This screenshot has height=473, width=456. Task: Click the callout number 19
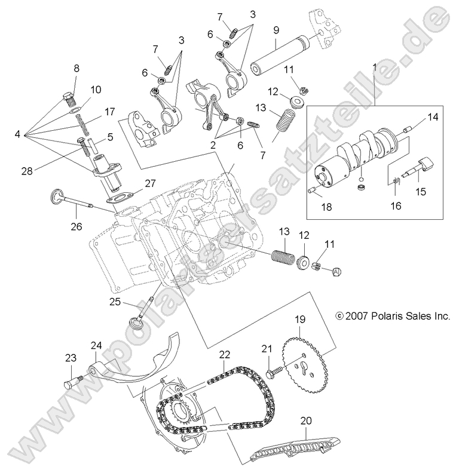point(298,320)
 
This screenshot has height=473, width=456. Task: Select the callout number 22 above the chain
point(224,354)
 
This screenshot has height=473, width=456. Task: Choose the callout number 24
point(96,346)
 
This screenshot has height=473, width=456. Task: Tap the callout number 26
point(75,226)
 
